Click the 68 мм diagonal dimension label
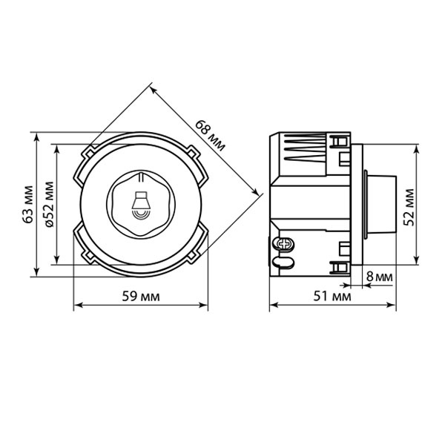pos(211,136)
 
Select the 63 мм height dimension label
pos(28,204)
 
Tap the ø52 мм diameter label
pos(50,204)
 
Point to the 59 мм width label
pos(141,297)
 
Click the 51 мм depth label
pos(332,297)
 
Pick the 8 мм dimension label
pos(380,277)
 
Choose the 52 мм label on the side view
pos(409,207)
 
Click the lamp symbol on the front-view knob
pos(141,205)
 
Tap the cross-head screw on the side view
pos(284,244)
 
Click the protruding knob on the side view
pos(380,205)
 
